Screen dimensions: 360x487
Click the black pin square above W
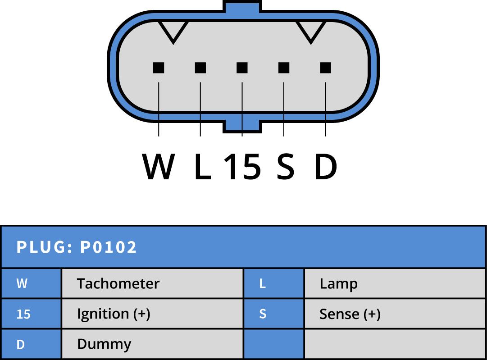click(x=159, y=68)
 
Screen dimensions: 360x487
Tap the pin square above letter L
click(x=200, y=68)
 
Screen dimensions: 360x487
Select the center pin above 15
click(x=242, y=68)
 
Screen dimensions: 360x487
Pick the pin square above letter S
click(x=284, y=68)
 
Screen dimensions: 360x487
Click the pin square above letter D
click(x=325, y=68)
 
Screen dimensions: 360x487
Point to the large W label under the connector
click(x=159, y=167)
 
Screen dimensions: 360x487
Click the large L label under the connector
click(x=202, y=167)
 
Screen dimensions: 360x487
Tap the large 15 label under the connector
click(x=242, y=167)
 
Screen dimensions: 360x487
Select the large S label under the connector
click(x=285, y=167)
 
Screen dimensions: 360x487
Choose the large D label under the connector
click(x=325, y=167)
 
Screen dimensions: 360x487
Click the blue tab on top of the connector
click(x=242, y=6)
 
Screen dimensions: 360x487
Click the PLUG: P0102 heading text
click(x=77, y=247)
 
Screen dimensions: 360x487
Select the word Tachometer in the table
click(x=118, y=284)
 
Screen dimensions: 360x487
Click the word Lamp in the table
click(x=338, y=284)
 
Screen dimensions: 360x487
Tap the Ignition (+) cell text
click(x=114, y=314)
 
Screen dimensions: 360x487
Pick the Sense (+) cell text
click(x=350, y=314)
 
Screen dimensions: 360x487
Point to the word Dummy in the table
click(x=104, y=344)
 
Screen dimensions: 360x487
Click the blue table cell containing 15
click(x=31, y=314)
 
